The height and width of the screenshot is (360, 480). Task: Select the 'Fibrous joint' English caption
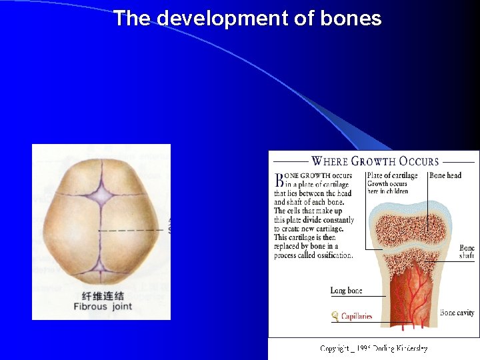point(103,307)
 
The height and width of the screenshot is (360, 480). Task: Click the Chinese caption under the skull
point(102,295)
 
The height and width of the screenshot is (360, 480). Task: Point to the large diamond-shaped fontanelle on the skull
point(101,194)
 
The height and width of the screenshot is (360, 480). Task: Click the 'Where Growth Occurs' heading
point(375,161)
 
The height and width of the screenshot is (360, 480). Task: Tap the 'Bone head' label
point(445,175)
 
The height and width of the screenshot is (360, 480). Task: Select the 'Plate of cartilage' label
point(392,175)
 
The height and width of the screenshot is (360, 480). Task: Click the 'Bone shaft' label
point(467,252)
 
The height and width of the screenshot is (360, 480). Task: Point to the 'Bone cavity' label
point(457,312)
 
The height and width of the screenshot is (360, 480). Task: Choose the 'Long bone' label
point(347,290)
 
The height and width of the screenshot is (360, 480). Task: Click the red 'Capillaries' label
point(356,315)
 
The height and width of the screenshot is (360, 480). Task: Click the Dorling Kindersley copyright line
point(373,349)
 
